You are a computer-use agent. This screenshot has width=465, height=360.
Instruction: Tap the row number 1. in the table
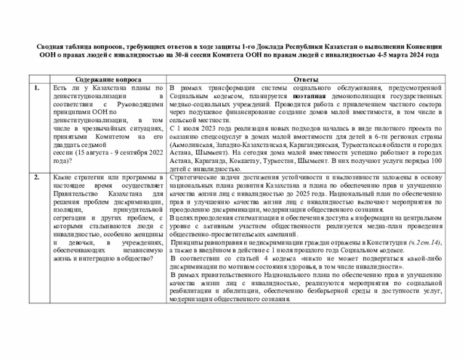point(37,88)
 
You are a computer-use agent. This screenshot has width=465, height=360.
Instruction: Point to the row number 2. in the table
point(37,177)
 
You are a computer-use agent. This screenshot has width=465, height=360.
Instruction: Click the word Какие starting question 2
point(62,177)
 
